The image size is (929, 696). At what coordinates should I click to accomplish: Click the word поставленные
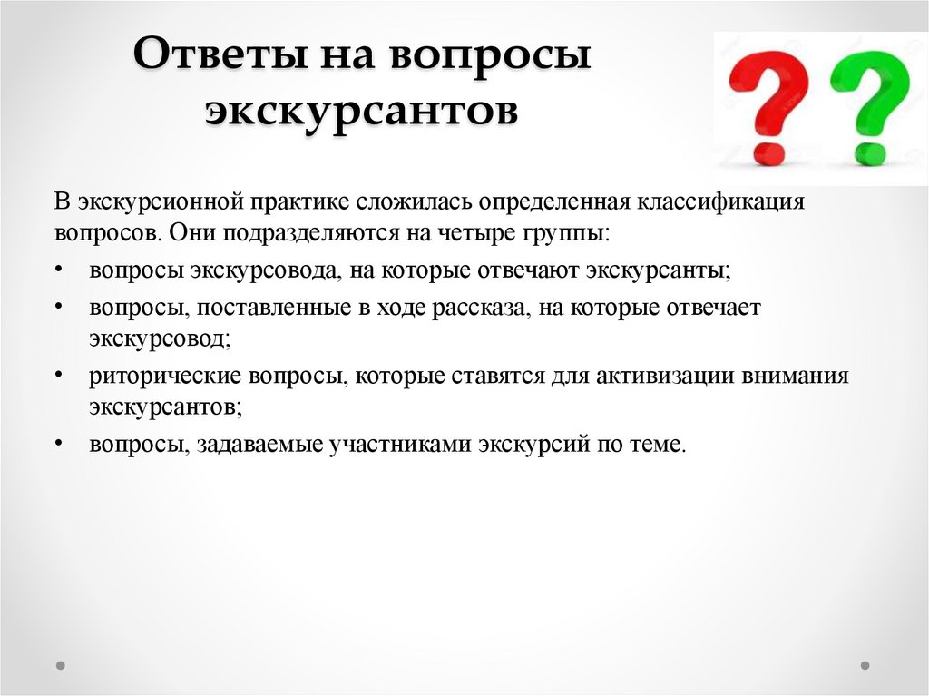[x=273, y=308]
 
